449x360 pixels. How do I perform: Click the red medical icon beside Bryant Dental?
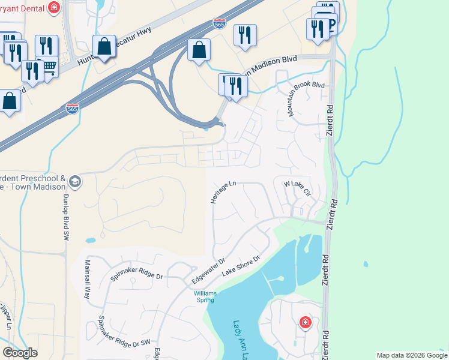coord(54,7)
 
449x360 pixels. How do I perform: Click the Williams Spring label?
coord(205,296)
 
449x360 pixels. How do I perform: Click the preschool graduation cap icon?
coord(74,181)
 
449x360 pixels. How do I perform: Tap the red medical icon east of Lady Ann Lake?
coord(305,323)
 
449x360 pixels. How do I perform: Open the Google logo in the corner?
coord(20,353)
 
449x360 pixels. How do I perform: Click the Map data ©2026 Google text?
coord(412,355)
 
